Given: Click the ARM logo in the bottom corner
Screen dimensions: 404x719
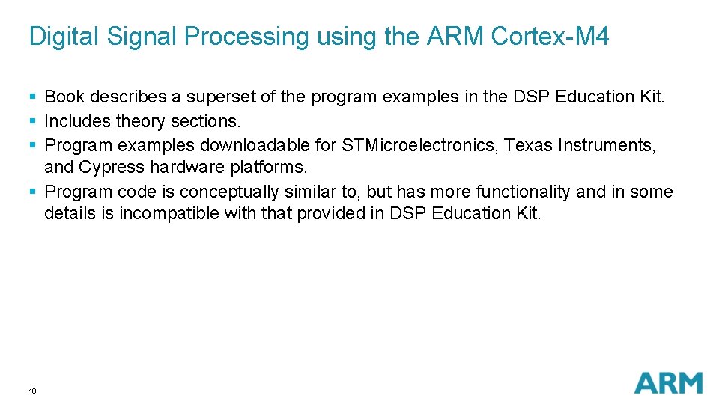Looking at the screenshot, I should coord(668,382).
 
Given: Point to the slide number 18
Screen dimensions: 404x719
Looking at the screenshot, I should coord(32,391).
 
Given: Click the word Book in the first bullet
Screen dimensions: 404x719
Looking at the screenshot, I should coord(64,97).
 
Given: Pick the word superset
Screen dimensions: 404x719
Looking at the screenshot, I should coord(218,97).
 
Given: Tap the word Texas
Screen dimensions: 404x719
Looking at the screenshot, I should coord(527,144).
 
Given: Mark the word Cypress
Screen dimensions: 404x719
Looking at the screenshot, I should coord(111,166).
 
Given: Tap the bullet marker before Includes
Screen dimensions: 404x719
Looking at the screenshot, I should coord(32,121).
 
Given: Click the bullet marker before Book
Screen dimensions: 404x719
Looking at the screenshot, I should coord(32,97).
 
